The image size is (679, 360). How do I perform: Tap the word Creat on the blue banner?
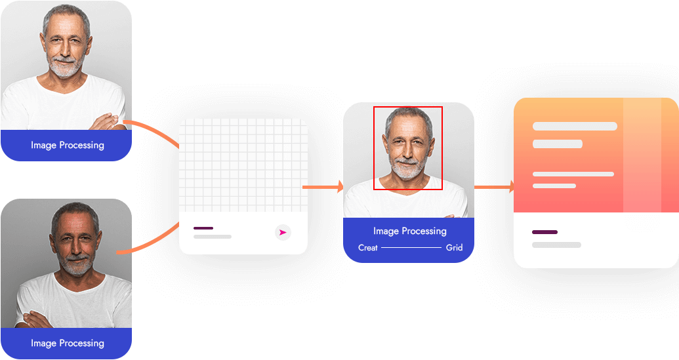coord(368,248)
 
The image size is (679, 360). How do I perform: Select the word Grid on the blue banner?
coord(455,248)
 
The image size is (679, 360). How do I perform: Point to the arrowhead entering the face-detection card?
coord(340,188)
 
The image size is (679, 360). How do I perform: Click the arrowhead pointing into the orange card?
coord(510,188)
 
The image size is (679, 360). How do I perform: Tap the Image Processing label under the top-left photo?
coord(68,145)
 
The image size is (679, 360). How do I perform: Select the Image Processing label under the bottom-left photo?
coord(68,343)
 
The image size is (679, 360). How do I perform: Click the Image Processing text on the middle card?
coord(410,231)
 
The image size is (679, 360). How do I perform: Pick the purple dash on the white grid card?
coord(203,228)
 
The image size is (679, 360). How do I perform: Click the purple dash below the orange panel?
coord(545,232)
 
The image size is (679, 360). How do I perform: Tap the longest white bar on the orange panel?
coord(575,126)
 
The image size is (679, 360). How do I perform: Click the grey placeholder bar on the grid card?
coord(213,236)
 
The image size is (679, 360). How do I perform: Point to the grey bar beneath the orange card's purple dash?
coord(556,245)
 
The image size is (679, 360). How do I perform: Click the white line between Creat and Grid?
coord(411,248)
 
